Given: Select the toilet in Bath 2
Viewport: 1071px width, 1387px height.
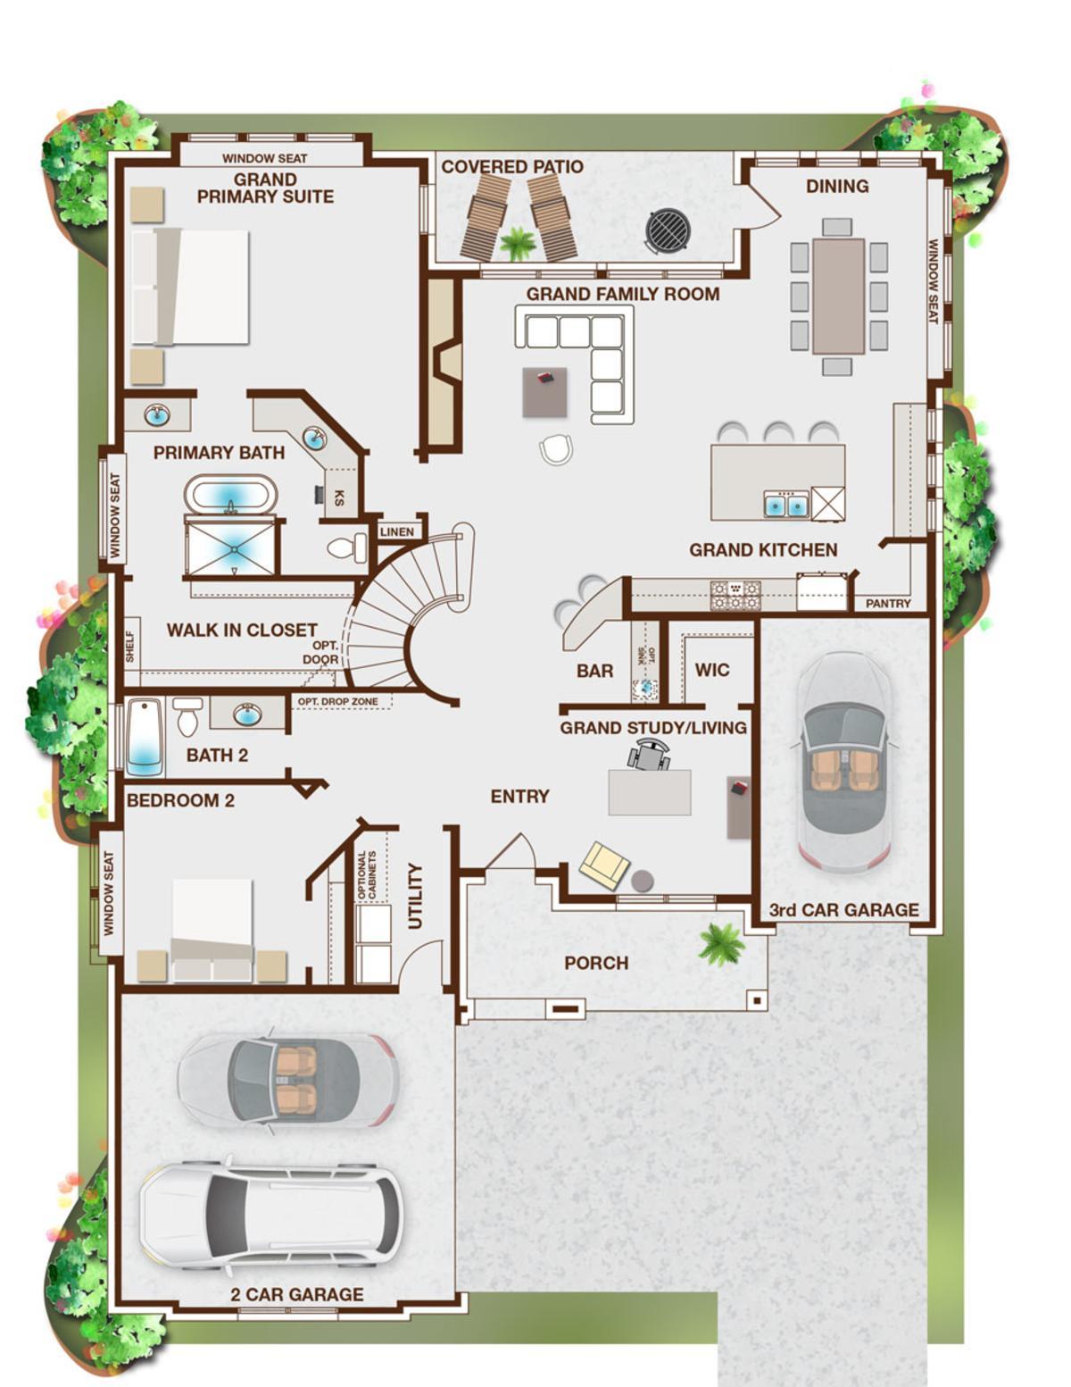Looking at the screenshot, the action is pos(187,715).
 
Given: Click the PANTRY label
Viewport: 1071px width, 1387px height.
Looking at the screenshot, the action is pos(888,603).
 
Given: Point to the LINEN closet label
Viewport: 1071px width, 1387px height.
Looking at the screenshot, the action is pos(397,531).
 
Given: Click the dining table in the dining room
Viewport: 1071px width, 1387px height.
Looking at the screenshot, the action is pos(838,296).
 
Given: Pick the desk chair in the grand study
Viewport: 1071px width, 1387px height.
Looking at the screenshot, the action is pos(650,753).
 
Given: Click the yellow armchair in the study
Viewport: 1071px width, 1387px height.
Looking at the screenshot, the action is pos(604,865).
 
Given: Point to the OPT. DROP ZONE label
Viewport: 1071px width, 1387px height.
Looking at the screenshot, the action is pos(337,701).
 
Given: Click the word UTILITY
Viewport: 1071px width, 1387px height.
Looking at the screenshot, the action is pos(415,896).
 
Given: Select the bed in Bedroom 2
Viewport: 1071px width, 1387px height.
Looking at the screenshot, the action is pos(212,930).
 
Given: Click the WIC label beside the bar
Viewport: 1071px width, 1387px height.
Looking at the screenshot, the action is pos(712,670).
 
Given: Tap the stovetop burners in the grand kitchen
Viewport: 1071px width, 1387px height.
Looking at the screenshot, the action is pos(735,595).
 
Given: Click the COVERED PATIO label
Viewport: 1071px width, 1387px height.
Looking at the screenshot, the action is pos(512,167).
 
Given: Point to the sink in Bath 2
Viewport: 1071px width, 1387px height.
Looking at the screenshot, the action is pos(247,713).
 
